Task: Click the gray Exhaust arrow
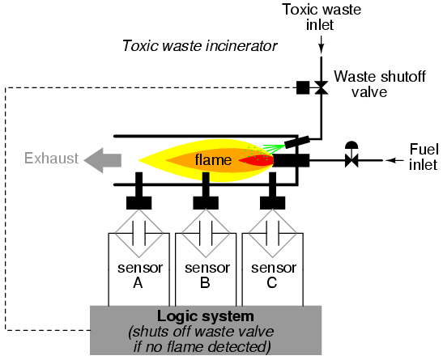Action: tap(103, 160)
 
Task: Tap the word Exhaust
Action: tap(51, 158)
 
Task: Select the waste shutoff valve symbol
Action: tap(322, 87)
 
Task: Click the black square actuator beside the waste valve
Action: tap(303, 87)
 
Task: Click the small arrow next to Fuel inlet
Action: tap(394, 160)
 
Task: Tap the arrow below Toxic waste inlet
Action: tap(322, 44)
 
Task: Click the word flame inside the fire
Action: tap(213, 160)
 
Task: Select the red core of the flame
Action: tap(257, 160)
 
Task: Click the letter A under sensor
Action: tap(138, 282)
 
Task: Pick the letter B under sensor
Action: tap(205, 282)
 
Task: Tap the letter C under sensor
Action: tap(272, 282)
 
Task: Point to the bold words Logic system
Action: tap(206, 316)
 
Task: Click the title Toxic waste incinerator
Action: tap(200, 45)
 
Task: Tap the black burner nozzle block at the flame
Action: tap(291, 160)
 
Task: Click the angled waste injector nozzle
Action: tap(297, 142)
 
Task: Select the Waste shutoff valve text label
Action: tap(380, 84)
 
